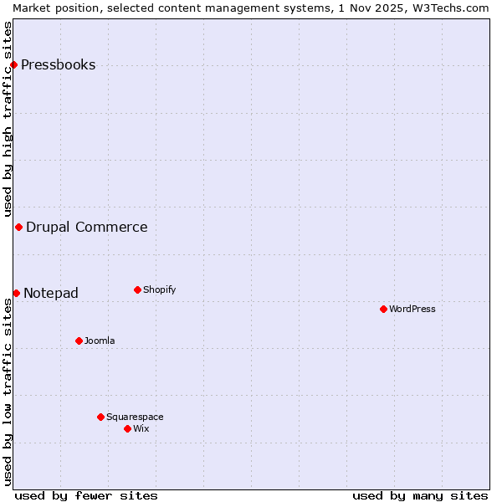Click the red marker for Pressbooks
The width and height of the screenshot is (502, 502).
(x=13, y=64)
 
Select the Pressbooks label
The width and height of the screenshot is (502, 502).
(x=58, y=65)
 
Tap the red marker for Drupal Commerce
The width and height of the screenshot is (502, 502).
(x=18, y=227)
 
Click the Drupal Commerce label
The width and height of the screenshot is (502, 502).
(x=86, y=227)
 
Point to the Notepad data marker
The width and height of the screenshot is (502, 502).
(x=16, y=293)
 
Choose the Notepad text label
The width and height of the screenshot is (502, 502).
(x=50, y=293)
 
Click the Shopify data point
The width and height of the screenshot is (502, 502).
(x=137, y=289)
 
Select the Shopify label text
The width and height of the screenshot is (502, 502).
(x=159, y=289)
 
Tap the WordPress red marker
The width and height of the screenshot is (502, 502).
(x=383, y=309)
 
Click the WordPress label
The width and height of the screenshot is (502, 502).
(x=412, y=309)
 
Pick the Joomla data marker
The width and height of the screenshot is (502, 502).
(x=79, y=341)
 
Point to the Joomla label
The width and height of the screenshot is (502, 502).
(x=100, y=341)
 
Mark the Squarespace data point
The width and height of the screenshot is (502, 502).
(x=100, y=417)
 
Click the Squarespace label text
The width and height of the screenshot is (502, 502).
(x=135, y=417)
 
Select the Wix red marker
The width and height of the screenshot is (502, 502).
(x=127, y=428)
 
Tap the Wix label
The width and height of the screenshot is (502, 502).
(x=141, y=428)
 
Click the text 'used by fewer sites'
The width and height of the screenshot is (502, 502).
(x=86, y=495)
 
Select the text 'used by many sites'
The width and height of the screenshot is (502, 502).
(x=420, y=495)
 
